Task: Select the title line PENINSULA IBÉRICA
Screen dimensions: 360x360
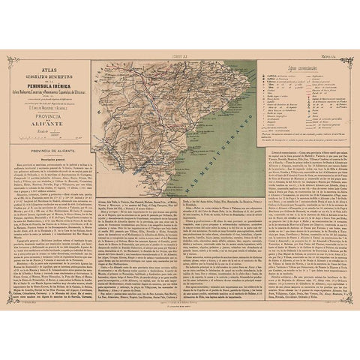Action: pyautogui.click(x=50, y=86)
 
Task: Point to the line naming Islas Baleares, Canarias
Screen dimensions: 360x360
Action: pyautogui.click(x=50, y=92)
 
